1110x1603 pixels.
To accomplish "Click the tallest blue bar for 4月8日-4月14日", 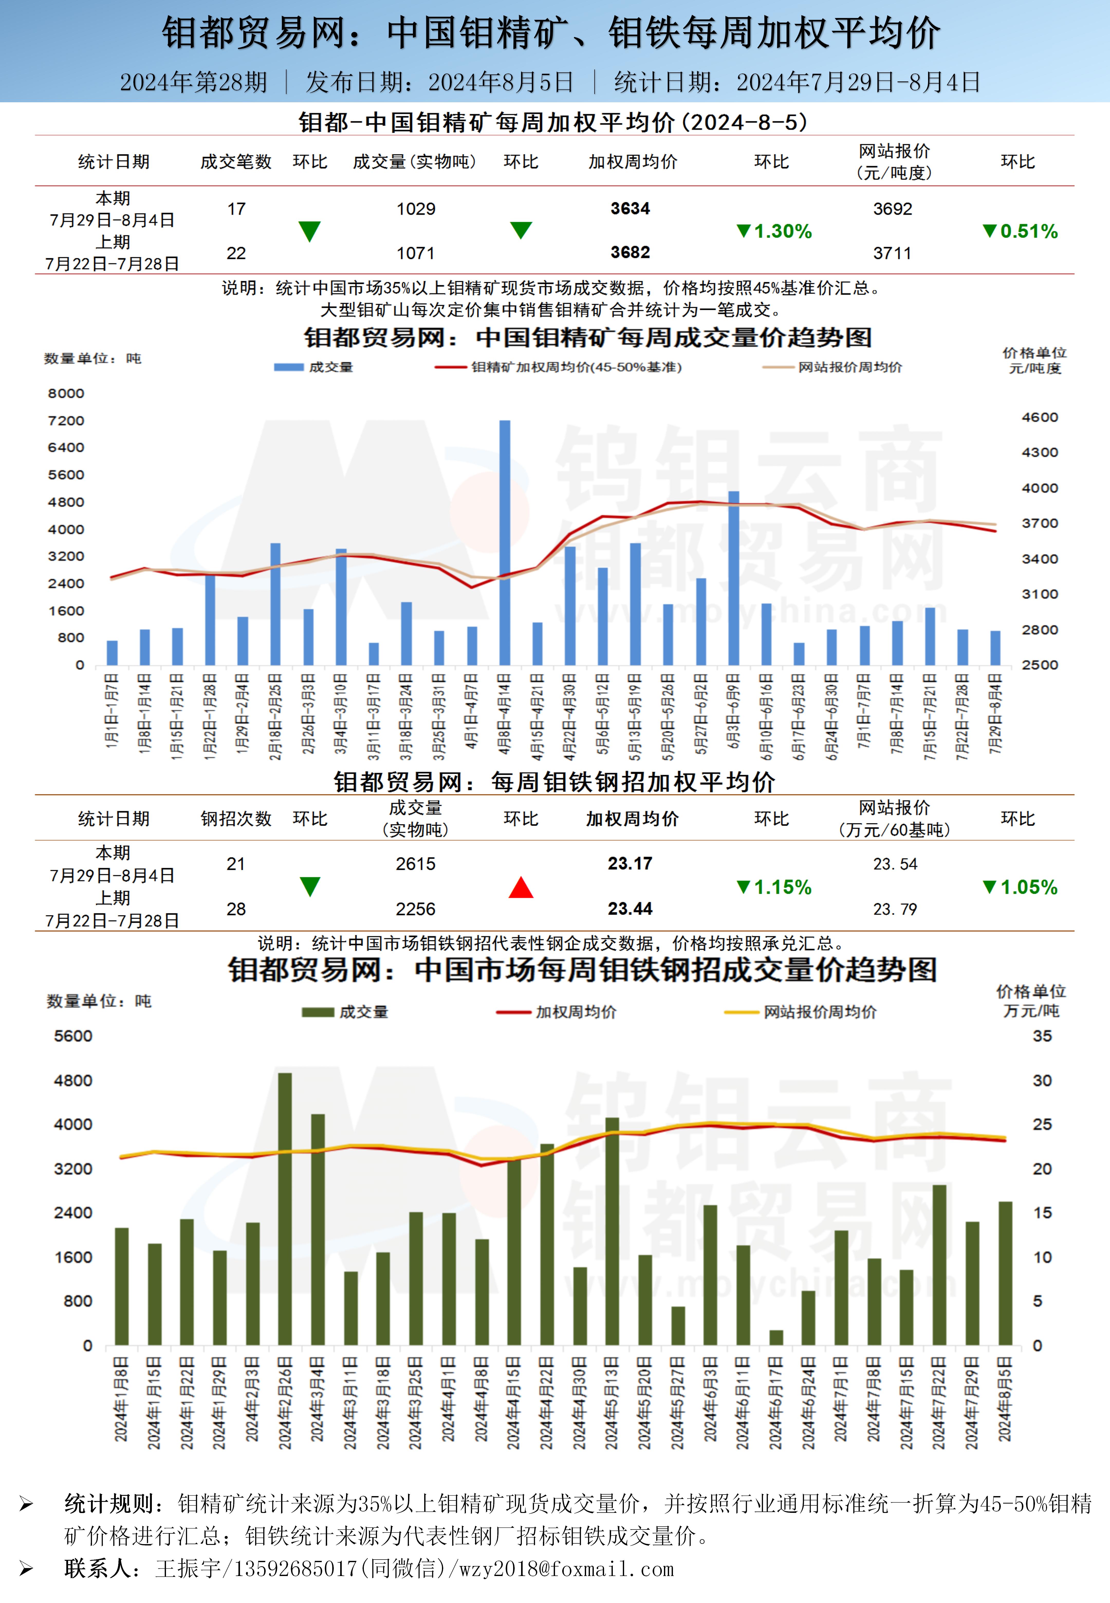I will tap(504, 542).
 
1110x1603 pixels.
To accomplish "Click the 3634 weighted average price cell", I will tap(630, 209).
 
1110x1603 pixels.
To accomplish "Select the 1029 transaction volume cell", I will tap(416, 209).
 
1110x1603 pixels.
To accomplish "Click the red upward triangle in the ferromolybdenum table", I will tap(521, 887).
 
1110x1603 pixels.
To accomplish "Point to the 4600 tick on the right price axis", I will tap(1040, 417).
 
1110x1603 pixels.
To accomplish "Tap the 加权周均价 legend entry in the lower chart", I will tap(575, 1012).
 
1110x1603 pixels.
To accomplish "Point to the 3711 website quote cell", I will tap(892, 253).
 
